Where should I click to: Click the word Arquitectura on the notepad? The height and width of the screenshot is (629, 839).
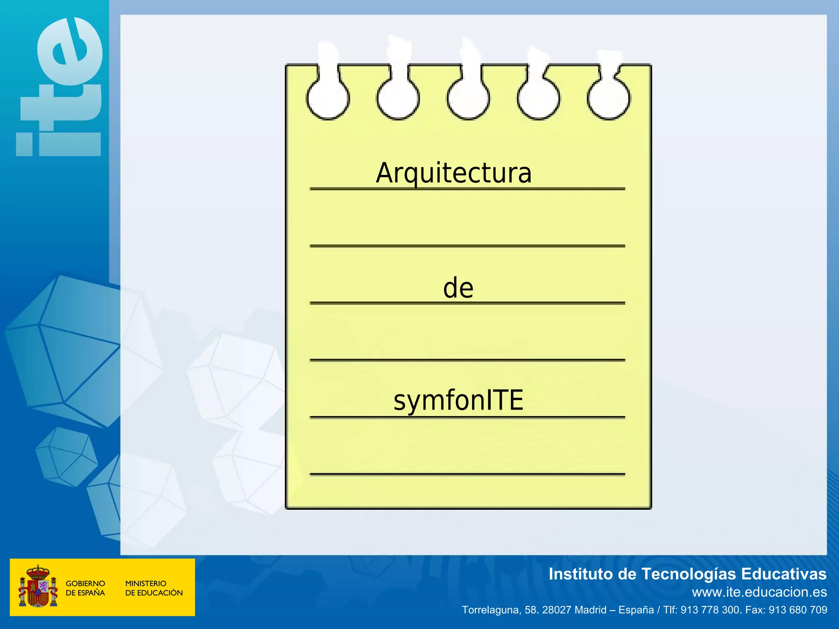[454, 174]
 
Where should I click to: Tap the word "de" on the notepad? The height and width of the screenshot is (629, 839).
[458, 288]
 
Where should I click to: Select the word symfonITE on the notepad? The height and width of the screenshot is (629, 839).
[458, 400]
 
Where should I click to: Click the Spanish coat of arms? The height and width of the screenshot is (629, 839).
[38, 586]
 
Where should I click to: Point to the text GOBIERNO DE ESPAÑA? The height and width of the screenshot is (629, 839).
[85, 588]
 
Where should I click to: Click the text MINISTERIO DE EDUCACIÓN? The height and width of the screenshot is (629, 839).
[154, 588]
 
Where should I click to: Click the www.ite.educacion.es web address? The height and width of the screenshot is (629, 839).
[759, 592]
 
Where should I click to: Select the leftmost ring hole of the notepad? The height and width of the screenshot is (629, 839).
[328, 99]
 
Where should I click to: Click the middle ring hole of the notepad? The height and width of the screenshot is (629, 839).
[468, 99]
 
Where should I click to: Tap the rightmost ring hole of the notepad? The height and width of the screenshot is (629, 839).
[609, 99]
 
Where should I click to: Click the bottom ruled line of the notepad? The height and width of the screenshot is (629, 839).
[467, 474]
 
